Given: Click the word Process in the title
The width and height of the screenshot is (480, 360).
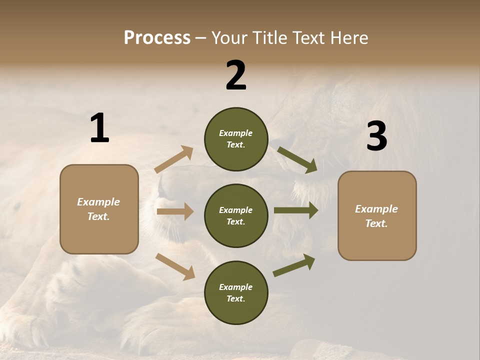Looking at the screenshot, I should [x=157, y=37].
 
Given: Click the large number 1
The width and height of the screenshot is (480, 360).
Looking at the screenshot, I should [x=99, y=128].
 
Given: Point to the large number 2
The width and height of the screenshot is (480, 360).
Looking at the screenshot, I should [x=236, y=75].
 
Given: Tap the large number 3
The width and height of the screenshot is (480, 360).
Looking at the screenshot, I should [x=376, y=136].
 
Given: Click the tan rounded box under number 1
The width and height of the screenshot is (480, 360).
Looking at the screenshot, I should [x=99, y=209].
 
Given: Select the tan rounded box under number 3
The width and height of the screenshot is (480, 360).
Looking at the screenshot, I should [x=377, y=215].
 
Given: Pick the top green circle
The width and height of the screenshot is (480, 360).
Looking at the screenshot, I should [x=236, y=139].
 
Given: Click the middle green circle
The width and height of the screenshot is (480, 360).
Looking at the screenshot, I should [x=236, y=215].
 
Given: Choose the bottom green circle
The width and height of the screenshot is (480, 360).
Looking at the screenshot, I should [x=236, y=292].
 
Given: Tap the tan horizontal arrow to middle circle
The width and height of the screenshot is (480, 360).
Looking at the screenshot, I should [x=175, y=211].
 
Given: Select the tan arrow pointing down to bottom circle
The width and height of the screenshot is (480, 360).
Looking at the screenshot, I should [x=175, y=266].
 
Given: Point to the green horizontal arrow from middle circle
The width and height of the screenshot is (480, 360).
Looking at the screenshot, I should [x=295, y=210].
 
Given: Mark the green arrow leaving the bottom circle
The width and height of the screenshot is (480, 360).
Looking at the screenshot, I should [x=294, y=265].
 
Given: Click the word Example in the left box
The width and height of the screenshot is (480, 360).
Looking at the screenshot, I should [x=98, y=202].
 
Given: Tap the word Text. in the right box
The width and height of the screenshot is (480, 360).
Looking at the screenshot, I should [x=376, y=223].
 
